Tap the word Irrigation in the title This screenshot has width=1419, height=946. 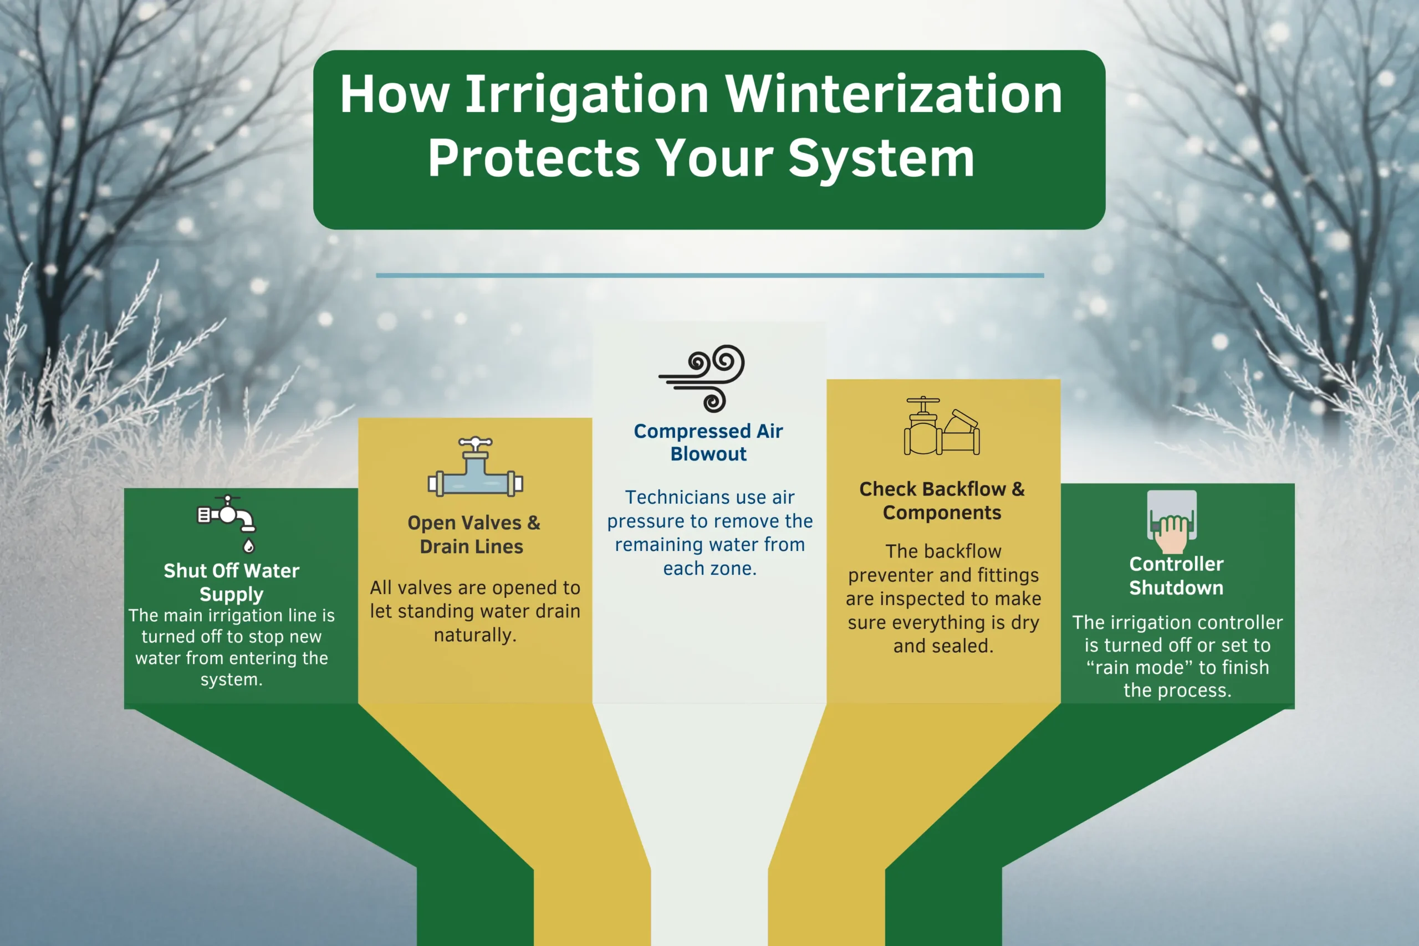(x=587, y=95)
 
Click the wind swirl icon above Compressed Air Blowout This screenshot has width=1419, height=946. (x=702, y=379)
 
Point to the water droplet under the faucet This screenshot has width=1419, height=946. (x=248, y=546)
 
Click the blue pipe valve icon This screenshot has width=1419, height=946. (x=476, y=467)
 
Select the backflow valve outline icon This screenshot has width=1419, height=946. (x=942, y=426)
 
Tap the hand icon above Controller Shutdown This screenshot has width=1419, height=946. (x=1172, y=522)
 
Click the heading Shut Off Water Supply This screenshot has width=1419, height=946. (x=232, y=582)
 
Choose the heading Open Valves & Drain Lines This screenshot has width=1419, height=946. (x=473, y=535)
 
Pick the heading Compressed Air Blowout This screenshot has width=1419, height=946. (x=708, y=442)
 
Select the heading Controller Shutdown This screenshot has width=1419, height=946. (x=1176, y=576)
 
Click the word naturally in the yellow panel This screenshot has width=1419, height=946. (x=475, y=635)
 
